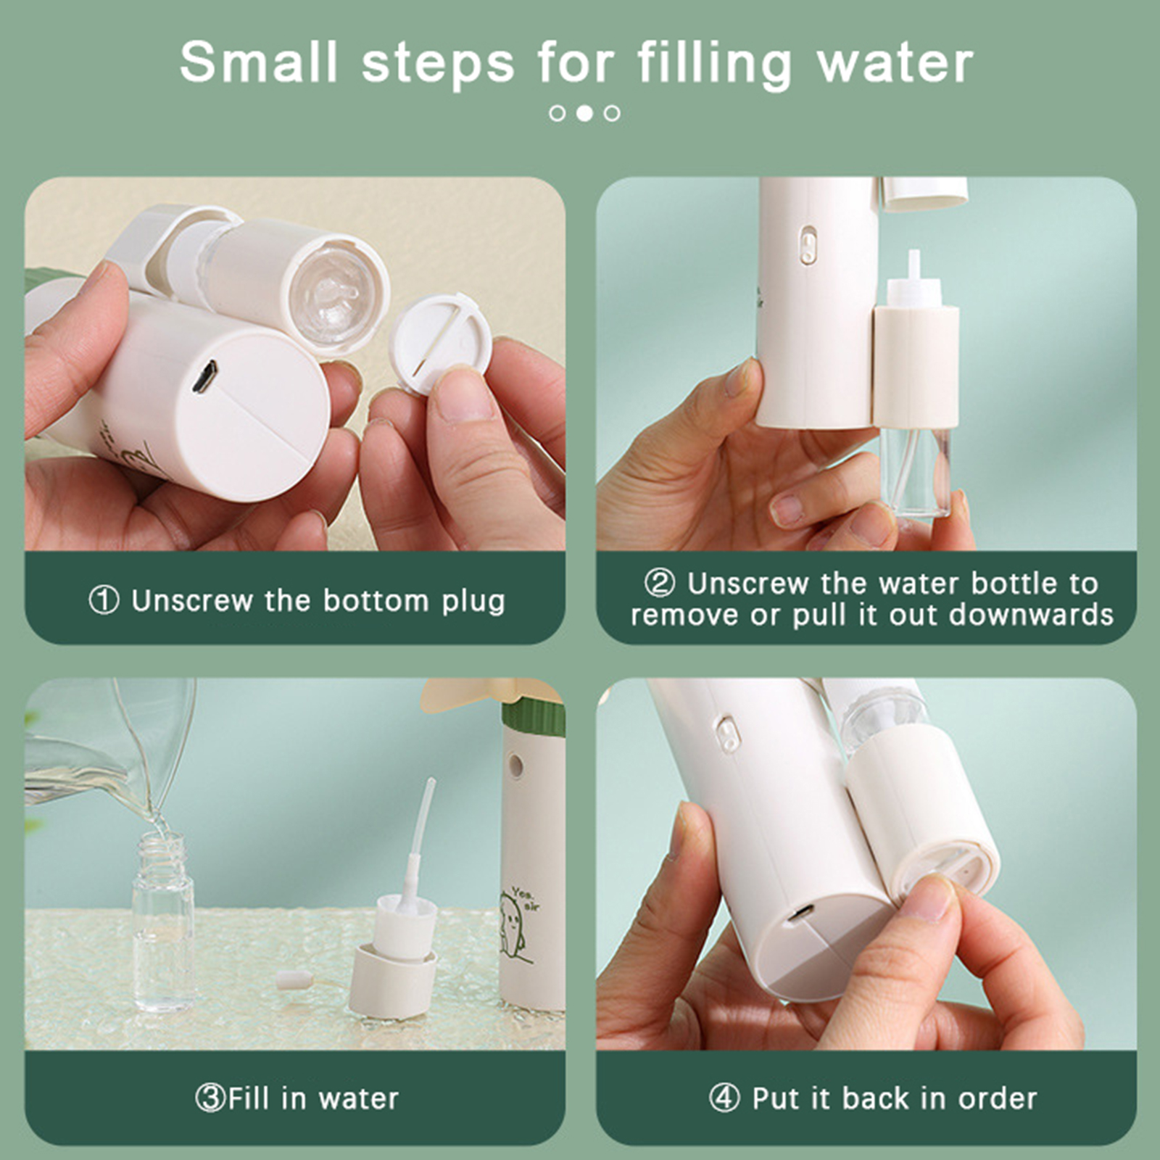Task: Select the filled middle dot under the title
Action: pos(584,113)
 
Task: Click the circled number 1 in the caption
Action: pos(104,600)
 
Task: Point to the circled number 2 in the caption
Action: pos(660,583)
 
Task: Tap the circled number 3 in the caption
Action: pos(210,1098)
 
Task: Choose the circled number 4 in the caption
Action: pos(724,1098)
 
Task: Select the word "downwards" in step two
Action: pos(1031,615)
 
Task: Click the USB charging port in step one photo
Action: pos(205,377)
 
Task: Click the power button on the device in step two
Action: pos(808,246)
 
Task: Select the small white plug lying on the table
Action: pos(294,981)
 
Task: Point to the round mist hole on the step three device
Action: pos(515,765)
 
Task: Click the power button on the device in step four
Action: pos(728,734)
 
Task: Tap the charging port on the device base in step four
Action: pos(800,914)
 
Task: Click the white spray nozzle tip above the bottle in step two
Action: pos(914,265)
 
